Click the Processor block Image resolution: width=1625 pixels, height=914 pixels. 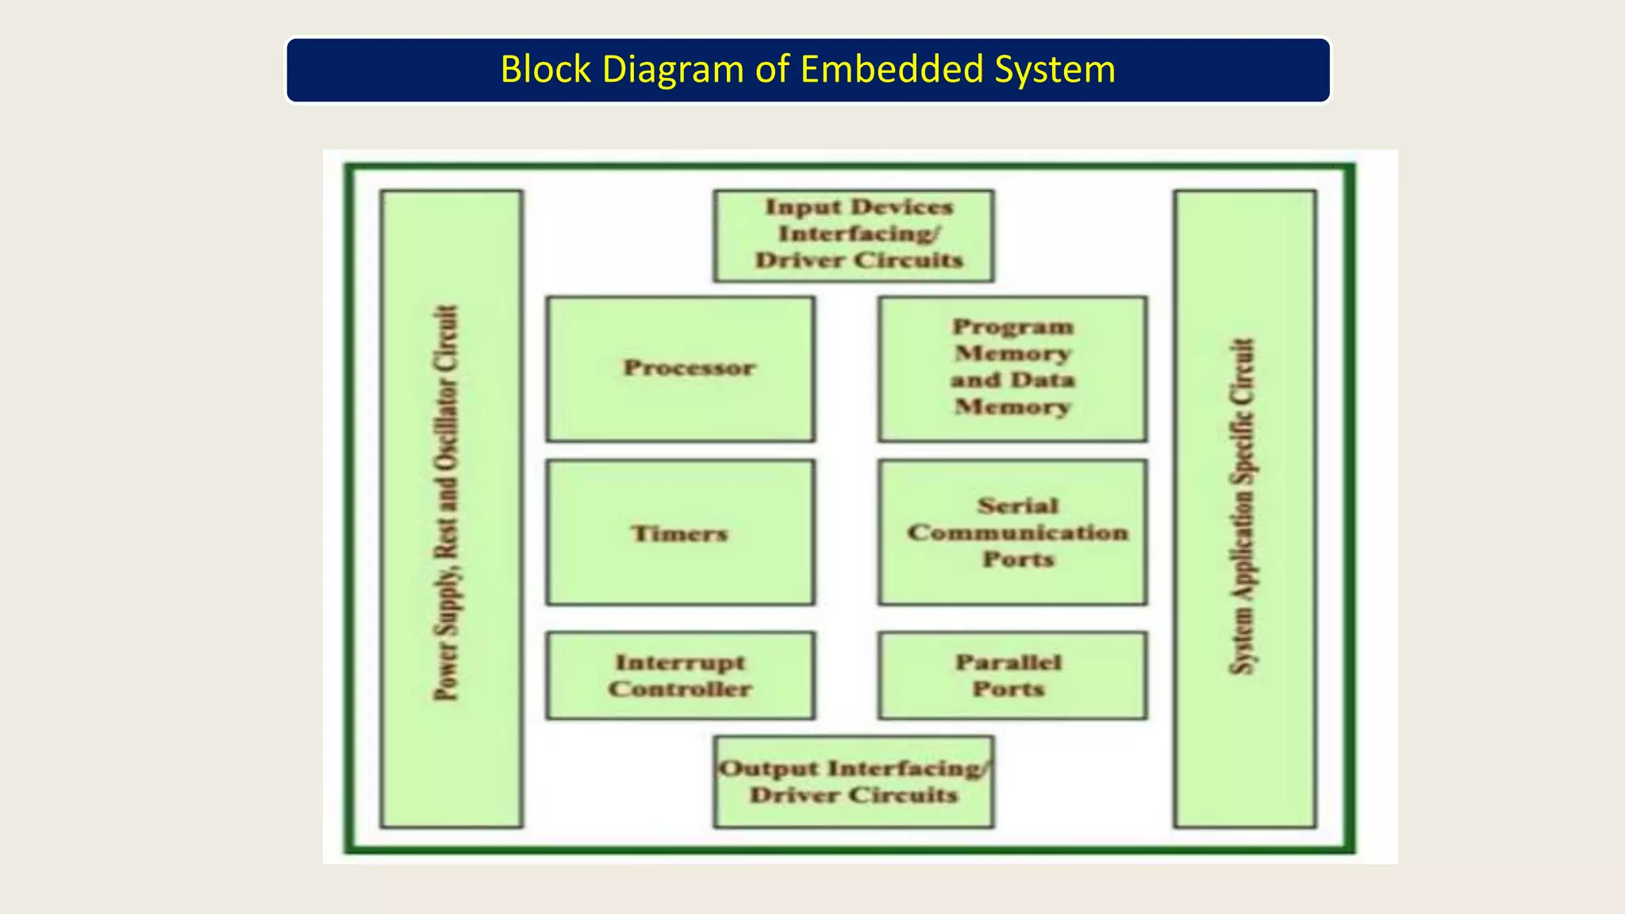(x=681, y=369)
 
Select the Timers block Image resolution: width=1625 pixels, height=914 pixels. (x=681, y=532)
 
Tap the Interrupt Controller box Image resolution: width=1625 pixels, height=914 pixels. (x=681, y=675)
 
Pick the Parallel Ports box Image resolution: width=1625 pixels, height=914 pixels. (x=1012, y=675)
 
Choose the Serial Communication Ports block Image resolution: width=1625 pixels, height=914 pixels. (x=1012, y=532)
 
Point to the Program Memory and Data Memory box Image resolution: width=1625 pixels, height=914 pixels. (x=1012, y=369)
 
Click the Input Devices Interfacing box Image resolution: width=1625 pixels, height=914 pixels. (x=853, y=236)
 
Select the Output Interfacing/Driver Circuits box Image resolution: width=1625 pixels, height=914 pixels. (x=853, y=782)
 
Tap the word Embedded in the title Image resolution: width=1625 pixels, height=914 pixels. (x=892, y=69)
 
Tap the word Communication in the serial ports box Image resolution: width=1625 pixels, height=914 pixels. (x=1017, y=532)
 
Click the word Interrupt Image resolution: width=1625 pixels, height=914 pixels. (x=680, y=662)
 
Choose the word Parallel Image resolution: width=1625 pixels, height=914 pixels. (x=1008, y=662)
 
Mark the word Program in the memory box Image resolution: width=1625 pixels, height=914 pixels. (x=1012, y=327)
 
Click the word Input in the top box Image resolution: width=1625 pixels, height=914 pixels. (x=791, y=207)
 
